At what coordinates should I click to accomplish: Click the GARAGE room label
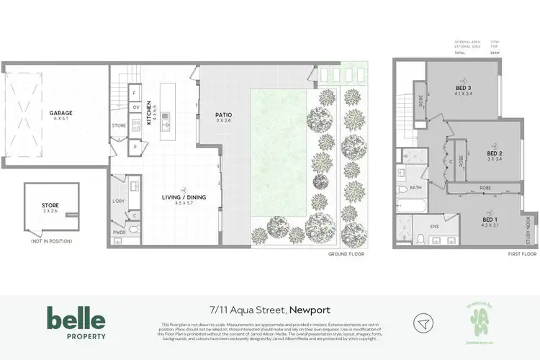coord(60,113)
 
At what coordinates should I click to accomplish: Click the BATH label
coord(415,187)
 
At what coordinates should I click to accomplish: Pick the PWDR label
coord(120,233)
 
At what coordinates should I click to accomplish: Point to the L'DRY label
coord(120,201)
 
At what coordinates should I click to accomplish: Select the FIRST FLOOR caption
coord(523,254)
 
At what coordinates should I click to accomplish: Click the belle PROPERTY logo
coord(76,322)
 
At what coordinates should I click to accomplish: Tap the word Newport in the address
coord(310,310)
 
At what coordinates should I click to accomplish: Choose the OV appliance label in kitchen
coord(135,107)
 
